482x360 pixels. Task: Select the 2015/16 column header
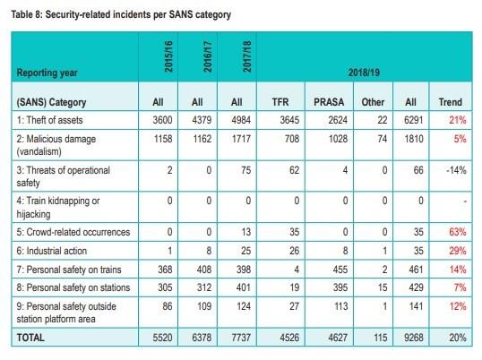pos(168,56)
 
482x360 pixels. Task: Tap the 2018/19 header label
pos(364,73)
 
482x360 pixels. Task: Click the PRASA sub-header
pos(329,102)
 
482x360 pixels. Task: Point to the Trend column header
pos(451,102)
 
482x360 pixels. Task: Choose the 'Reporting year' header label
pos(47,73)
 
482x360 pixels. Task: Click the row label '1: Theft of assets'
pos(50,120)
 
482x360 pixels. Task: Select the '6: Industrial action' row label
pos(52,251)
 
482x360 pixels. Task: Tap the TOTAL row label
pos(30,338)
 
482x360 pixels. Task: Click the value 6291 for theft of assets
pos(414,120)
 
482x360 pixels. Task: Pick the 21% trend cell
pos(458,120)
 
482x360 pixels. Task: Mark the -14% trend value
pos(456,170)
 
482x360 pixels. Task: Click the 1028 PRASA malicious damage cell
pos(338,139)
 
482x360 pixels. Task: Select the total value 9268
pos(414,338)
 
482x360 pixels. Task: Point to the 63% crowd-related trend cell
pos(458,232)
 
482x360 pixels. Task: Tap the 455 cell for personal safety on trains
pos(340,270)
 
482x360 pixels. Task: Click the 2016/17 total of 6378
pos(202,338)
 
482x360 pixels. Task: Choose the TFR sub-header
pos(280,102)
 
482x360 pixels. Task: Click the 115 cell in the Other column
pos(380,338)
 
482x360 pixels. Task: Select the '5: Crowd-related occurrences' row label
pos(73,232)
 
